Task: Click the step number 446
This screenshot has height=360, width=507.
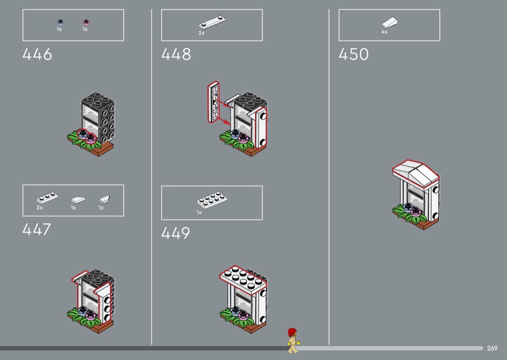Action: (37, 55)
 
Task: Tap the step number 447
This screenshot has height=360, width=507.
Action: (37, 229)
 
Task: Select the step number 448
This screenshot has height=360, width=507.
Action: (176, 55)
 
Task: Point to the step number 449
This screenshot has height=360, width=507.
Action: (176, 234)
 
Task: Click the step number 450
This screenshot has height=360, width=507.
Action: (353, 55)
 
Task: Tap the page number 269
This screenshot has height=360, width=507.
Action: (492, 348)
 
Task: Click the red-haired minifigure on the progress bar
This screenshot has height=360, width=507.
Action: (292, 341)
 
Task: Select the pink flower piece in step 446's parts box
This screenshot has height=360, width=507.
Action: (86, 22)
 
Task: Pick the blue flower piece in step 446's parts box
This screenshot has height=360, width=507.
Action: (60, 22)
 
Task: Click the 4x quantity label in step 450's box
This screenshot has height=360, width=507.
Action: (384, 32)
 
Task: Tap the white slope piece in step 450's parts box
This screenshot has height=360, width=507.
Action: (390, 23)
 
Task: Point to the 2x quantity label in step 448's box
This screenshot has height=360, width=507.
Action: (201, 33)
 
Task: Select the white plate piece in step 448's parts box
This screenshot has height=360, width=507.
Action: (212, 23)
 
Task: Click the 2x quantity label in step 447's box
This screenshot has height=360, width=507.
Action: (40, 208)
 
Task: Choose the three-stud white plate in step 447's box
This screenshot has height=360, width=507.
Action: (47, 198)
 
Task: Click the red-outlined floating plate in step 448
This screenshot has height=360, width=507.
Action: (213, 101)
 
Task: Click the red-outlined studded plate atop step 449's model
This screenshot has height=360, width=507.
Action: (244, 279)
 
